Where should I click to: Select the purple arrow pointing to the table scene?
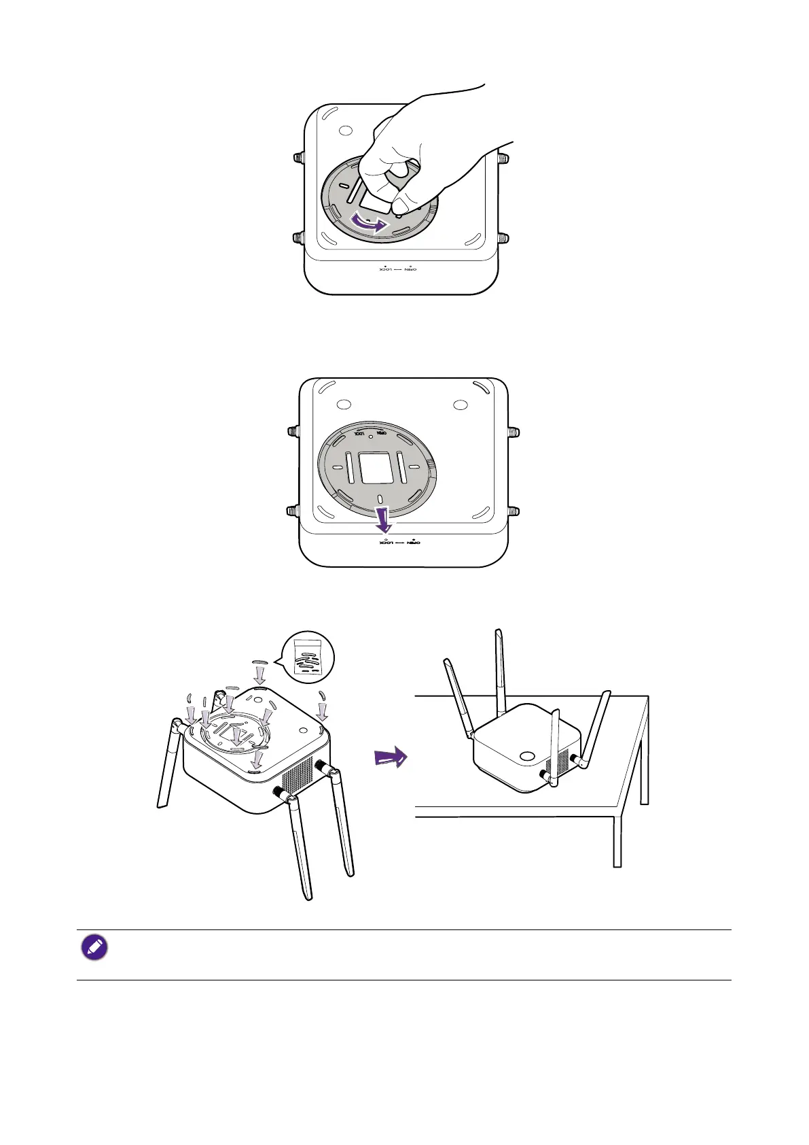pos(391,757)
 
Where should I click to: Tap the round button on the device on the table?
pos(527,756)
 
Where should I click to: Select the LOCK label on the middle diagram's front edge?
pos(386,543)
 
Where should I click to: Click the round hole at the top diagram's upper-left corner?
pos(344,131)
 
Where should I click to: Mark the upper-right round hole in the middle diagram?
pos(460,405)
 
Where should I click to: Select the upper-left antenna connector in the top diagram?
pos(298,158)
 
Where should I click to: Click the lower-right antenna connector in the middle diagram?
pos(514,511)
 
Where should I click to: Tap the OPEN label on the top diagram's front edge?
pos(410,269)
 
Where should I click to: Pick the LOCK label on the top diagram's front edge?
pos(385,269)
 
